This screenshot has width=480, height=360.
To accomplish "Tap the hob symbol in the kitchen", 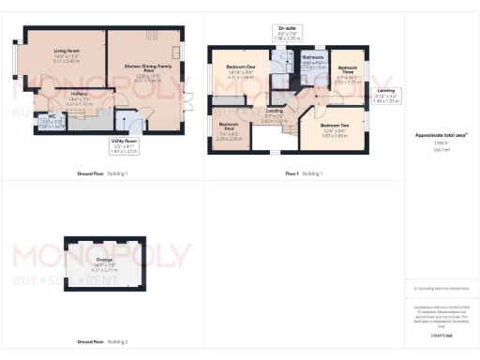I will (153, 34).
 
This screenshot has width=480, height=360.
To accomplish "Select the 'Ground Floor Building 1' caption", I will (102, 173).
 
